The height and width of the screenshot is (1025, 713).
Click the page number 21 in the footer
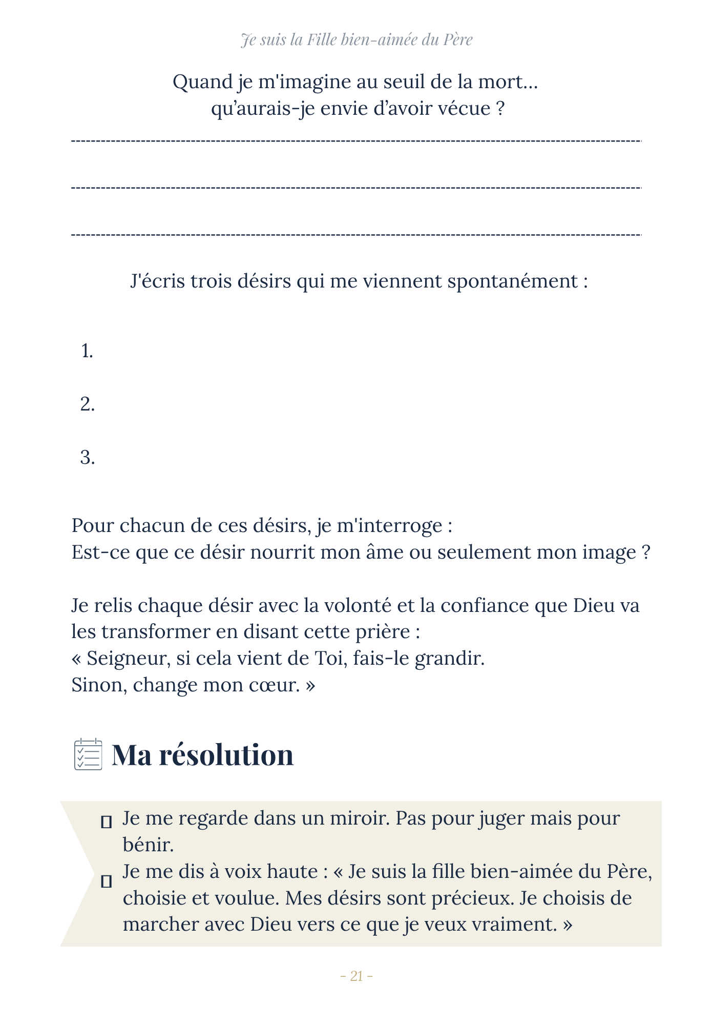click(356, 976)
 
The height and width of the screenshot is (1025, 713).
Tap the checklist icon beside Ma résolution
click(88, 754)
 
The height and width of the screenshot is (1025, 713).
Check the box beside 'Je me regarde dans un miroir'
click(107, 822)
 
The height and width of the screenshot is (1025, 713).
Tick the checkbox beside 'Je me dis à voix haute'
click(107, 881)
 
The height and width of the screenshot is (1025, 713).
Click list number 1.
click(87, 352)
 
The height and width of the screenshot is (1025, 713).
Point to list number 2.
click(87, 405)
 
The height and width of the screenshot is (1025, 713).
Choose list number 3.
click(87, 458)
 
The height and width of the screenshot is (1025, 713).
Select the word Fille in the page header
click(321, 40)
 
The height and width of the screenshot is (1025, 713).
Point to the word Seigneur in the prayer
click(128, 659)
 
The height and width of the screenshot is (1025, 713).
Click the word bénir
click(148, 845)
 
